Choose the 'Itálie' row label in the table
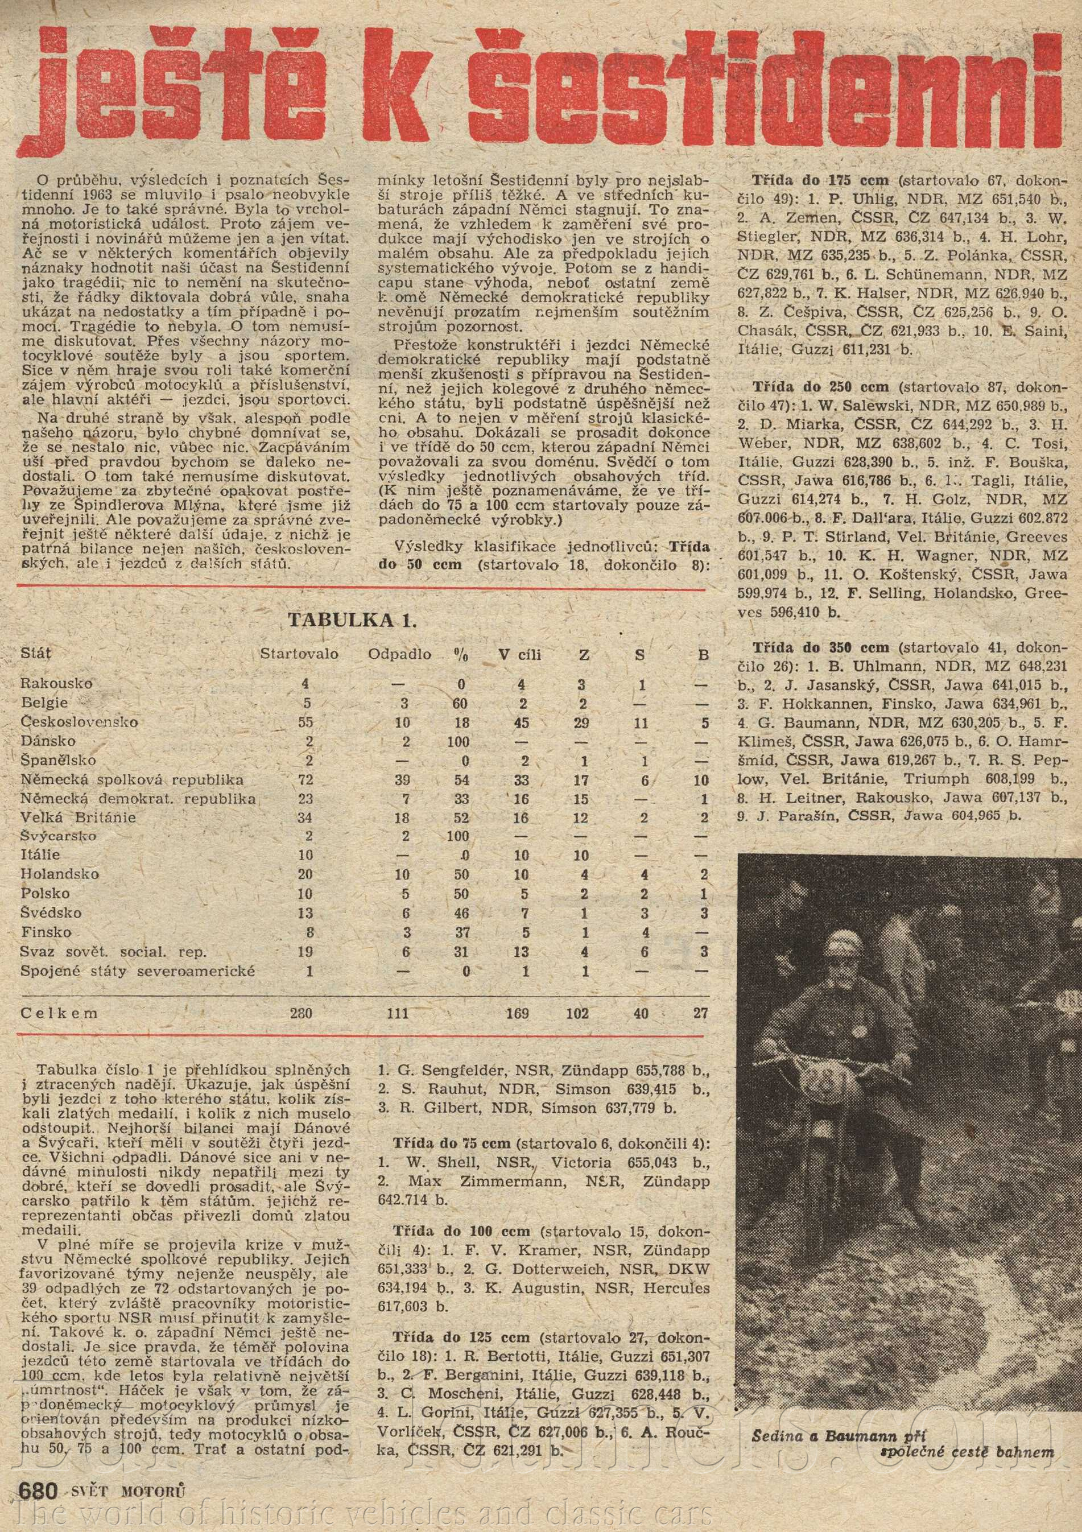[41, 854]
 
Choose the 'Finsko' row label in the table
[46, 931]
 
